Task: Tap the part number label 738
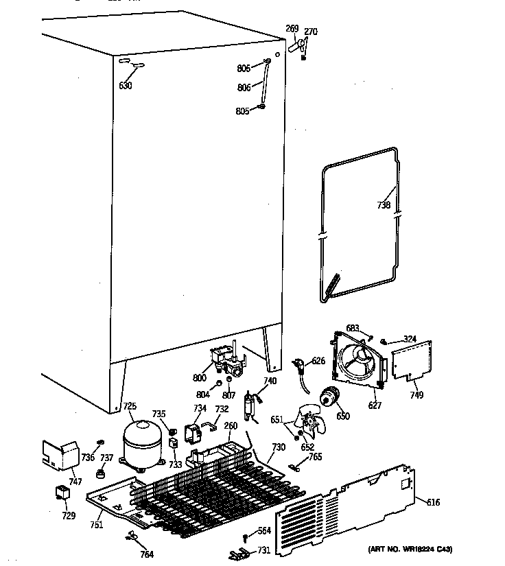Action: pyautogui.click(x=384, y=205)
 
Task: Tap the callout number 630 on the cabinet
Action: pyautogui.click(x=125, y=86)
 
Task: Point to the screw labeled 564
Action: pyautogui.click(x=245, y=538)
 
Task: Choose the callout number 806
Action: pyautogui.click(x=244, y=88)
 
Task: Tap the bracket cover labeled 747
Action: pyautogui.click(x=60, y=454)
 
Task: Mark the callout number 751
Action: pyautogui.click(x=96, y=526)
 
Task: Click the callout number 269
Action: pyautogui.click(x=292, y=29)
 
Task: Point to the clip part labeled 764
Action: pyautogui.click(x=132, y=538)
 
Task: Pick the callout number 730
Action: pyautogui.click(x=278, y=448)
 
